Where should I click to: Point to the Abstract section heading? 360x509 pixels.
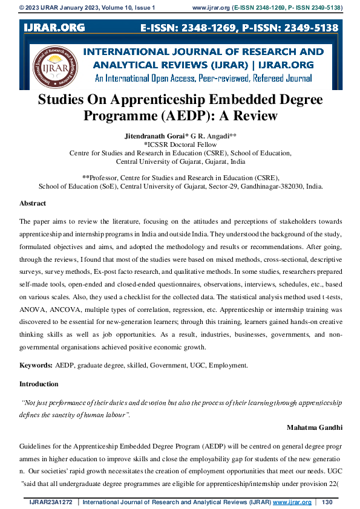(33, 204)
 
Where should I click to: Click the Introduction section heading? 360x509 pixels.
(39, 384)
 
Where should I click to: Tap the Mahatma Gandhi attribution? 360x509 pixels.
(315, 427)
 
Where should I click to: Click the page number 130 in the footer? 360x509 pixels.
(328, 502)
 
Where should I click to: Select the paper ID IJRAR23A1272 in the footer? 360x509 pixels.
(52, 502)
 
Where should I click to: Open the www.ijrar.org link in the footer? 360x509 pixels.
(292, 502)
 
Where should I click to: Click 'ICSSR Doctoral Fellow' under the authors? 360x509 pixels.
(180, 145)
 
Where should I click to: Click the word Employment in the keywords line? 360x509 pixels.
(229, 366)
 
